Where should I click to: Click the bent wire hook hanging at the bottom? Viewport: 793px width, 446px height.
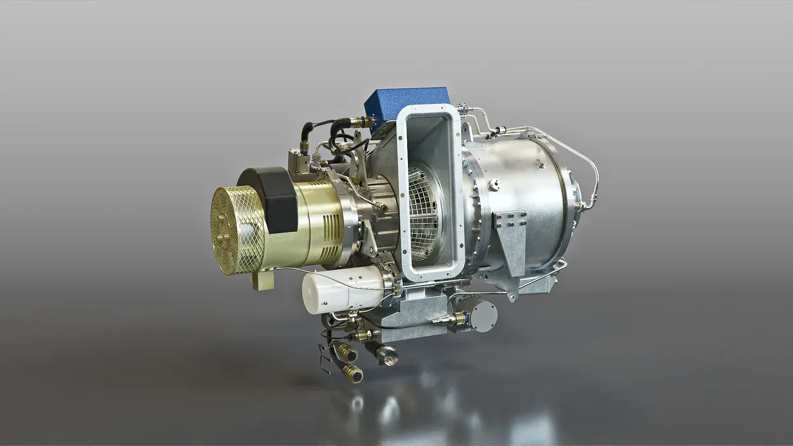coord(326,363)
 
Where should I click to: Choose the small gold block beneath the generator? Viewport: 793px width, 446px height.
coord(262,280)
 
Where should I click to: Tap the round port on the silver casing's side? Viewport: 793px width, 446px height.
coord(495,185)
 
